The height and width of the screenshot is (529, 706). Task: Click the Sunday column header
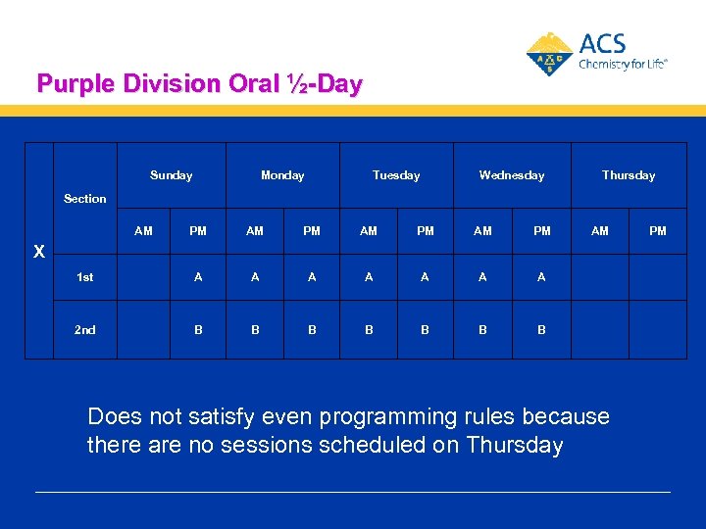(x=171, y=175)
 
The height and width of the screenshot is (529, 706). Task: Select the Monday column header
(x=282, y=175)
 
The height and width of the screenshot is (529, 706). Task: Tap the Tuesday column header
(x=396, y=175)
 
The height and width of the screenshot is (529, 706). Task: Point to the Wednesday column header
(x=511, y=175)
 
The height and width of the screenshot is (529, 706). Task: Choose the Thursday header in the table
(x=629, y=175)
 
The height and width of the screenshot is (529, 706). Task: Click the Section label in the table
(x=85, y=199)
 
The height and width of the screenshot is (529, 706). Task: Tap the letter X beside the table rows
(x=39, y=252)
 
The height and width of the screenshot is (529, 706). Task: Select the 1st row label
(x=85, y=277)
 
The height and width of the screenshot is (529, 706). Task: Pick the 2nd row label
(x=85, y=330)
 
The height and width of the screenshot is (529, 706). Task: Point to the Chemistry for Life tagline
(x=623, y=64)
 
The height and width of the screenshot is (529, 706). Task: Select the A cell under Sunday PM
(x=198, y=277)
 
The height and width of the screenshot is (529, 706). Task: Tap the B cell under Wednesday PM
(x=541, y=330)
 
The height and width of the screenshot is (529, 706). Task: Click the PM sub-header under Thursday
(x=658, y=231)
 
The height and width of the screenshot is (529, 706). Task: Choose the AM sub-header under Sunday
(x=143, y=231)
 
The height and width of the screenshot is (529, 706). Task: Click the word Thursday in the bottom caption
(x=515, y=445)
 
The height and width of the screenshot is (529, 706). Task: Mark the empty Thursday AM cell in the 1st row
(x=600, y=277)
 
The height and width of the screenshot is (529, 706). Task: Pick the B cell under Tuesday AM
(x=369, y=330)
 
